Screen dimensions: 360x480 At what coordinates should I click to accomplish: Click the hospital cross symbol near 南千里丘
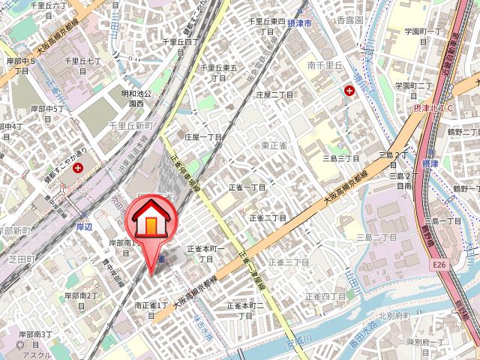(x=349, y=91)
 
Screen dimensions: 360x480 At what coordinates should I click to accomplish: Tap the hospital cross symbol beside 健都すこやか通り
(x=77, y=170)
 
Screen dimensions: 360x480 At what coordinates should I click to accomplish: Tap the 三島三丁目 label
(x=340, y=159)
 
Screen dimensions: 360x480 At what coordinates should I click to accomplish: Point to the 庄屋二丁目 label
(x=273, y=95)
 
